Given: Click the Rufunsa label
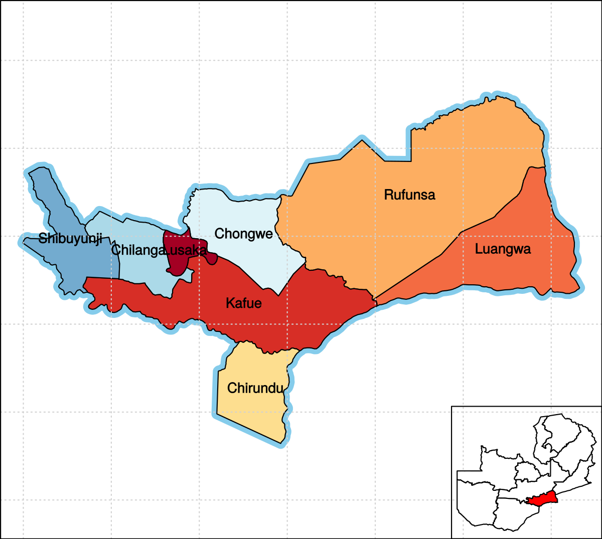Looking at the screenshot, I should [x=409, y=195].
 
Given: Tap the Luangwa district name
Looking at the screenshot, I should [x=503, y=249].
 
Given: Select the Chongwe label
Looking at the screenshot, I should [x=244, y=234].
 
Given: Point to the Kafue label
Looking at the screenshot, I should [x=244, y=303].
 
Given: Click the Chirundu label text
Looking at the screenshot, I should [x=255, y=388].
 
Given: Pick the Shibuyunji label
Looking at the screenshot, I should [x=70, y=239].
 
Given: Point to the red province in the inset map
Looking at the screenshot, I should [x=541, y=499].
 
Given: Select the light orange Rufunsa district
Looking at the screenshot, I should [x=452, y=150].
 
